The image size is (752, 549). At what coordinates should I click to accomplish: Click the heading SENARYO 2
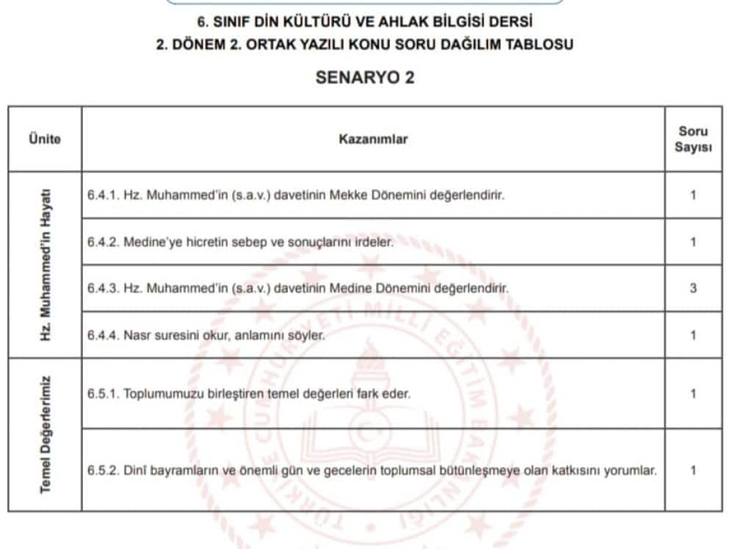365,78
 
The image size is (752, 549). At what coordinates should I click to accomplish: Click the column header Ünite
45,139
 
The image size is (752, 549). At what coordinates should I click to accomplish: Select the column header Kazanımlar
373,139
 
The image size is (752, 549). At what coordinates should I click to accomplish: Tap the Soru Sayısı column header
693,139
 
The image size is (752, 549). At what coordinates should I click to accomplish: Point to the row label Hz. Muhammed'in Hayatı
46,265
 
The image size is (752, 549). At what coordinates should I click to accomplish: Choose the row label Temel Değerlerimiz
46,435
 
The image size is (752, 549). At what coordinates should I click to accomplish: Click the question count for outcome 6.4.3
693,288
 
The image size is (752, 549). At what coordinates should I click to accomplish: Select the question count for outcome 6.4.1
693,195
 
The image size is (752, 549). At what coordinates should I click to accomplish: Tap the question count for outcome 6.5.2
693,470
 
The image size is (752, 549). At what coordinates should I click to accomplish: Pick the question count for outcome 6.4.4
693,335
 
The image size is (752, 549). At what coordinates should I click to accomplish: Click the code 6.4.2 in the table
102,241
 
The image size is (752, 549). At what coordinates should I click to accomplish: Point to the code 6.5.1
102,393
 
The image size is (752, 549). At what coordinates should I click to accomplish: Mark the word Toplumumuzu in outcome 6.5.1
158,393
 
